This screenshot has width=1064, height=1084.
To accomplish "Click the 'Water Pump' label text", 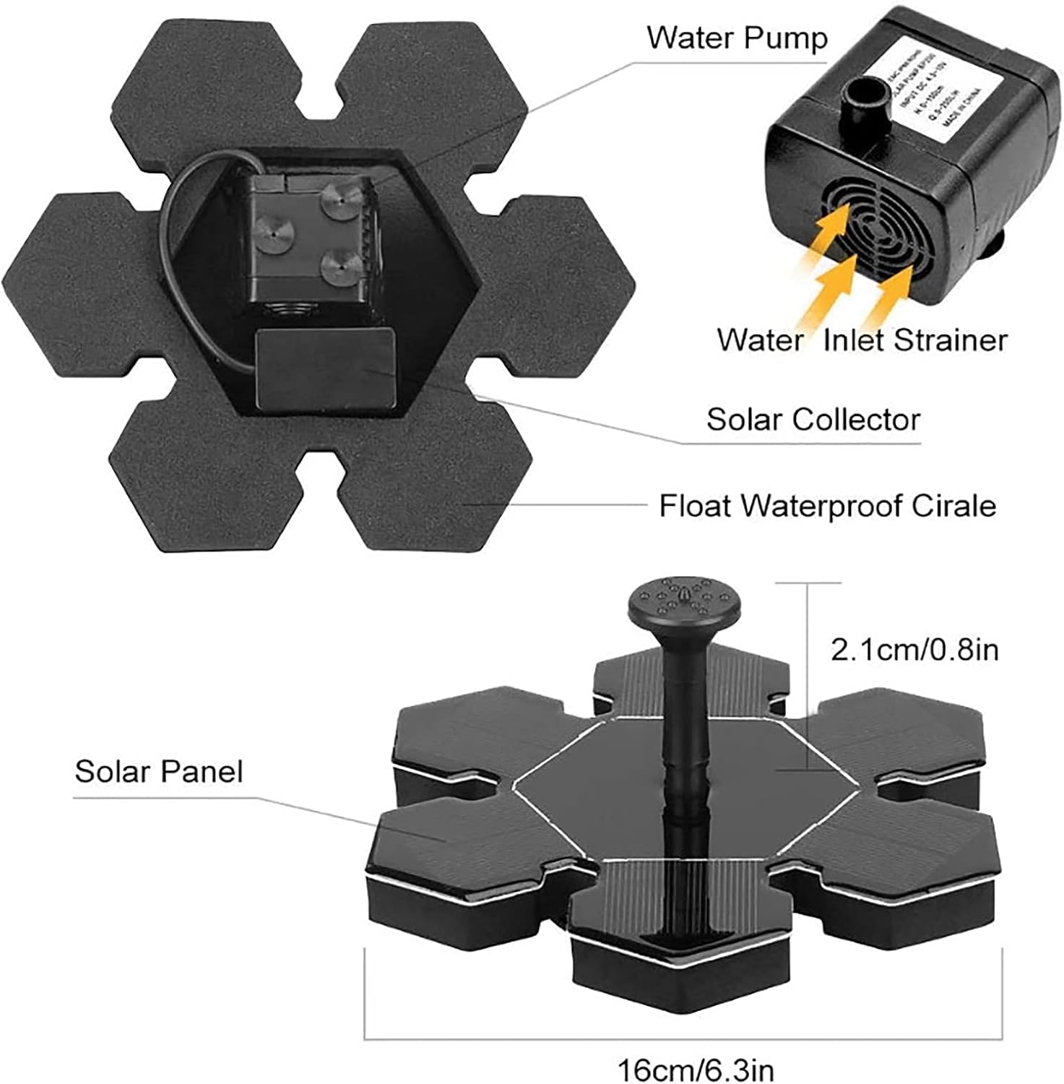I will (736, 38).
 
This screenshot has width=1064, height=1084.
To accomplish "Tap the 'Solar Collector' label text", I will (813, 419).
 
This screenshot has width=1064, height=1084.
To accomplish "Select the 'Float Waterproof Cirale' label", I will (827, 506).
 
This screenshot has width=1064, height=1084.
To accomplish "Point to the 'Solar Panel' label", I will (159, 772).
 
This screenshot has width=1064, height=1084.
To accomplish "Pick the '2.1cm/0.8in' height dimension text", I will (914, 650).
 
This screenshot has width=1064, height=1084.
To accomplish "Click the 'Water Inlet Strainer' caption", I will (862, 340).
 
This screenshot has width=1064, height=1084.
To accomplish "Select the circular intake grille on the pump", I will (875, 231).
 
